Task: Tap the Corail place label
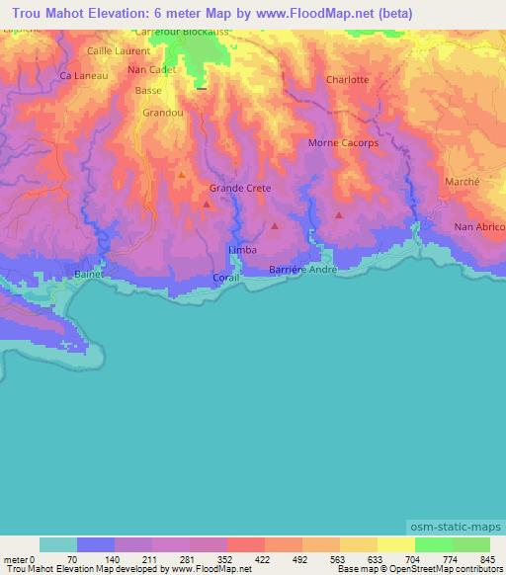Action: point(226,278)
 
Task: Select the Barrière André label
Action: point(303,269)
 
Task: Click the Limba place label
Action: point(242,250)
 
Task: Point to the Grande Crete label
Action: point(240,188)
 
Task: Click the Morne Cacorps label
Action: point(344,143)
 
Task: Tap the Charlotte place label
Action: point(347,80)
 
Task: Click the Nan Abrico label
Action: point(478,227)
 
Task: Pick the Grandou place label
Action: point(162,113)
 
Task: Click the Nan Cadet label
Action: point(152,70)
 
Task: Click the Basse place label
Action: point(148,91)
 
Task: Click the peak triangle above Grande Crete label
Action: point(182,174)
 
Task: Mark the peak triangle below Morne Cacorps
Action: point(339,213)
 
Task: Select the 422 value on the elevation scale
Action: point(246,559)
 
